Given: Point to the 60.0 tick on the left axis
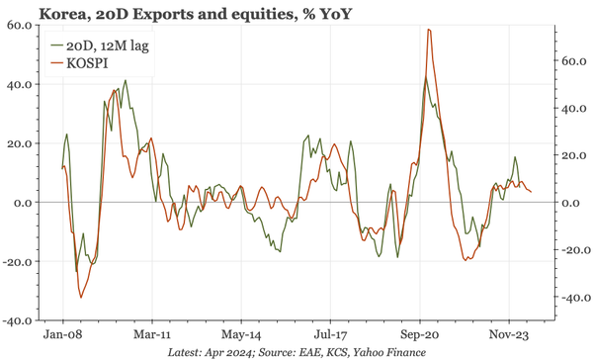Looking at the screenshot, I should click(18, 25).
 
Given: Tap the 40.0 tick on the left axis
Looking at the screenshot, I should click(18, 84).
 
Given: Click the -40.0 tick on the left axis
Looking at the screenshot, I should click(16, 321).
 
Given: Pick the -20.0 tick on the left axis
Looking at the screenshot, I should click(16, 262).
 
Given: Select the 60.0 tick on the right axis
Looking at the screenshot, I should click(575, 60).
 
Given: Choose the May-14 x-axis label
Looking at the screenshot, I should click(241, 336).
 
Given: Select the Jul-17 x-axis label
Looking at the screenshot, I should click(330, 336).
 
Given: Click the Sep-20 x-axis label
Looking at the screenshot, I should click(419, 336).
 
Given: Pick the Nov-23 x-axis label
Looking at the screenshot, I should click(508, 336).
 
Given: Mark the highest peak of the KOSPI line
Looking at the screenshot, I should click(428, 30).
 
